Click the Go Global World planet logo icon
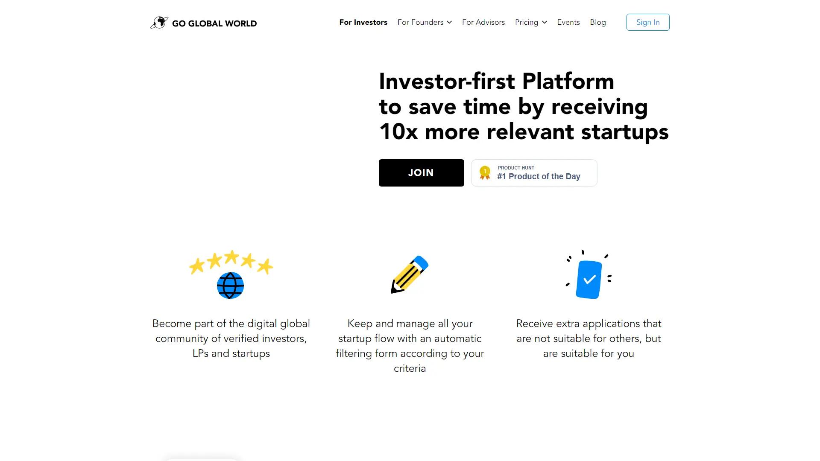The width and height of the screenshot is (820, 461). coord(159,23)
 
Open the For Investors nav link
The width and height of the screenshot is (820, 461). coord(363,22)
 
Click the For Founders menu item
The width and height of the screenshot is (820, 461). coord(420,22)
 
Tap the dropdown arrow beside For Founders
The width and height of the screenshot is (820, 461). coord(449,23)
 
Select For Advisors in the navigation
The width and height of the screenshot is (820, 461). coord(483,22)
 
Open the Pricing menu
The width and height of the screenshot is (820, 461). coord(527,22)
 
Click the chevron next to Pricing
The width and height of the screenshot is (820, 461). coord(545,23)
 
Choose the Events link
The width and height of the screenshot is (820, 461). coord(568,22)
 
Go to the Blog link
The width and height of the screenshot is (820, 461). coord(598,22)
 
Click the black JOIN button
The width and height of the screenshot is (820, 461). coord(421,173)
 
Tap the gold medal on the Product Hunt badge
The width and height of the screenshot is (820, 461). coord(485,172)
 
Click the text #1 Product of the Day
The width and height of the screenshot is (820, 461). coord(539,177)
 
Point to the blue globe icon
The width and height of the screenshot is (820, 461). coord(230,286)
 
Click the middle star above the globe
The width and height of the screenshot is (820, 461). coord(231,257)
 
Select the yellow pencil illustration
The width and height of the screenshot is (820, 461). coord(410,274)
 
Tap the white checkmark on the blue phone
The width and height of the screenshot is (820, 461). coord(590,280)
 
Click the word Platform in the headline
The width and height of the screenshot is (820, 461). coord(568,81)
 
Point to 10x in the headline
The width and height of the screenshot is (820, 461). coord(398,131)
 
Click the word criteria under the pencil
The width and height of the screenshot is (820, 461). coord(410,368)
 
